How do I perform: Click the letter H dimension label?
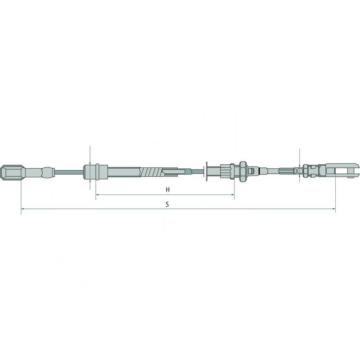[167, 190]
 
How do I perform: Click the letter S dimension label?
[167, 204]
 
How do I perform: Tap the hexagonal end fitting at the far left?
[10, 172]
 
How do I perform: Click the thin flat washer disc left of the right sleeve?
[206, 171]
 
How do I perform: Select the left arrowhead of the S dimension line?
[23, 209]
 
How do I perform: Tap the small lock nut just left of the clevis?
[306, 170]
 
